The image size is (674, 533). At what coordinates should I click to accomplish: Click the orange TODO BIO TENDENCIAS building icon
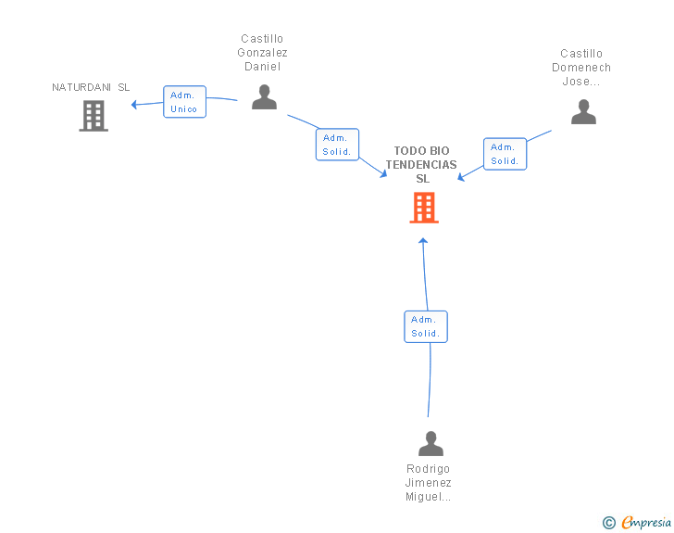424,208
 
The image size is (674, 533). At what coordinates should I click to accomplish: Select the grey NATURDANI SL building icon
94,116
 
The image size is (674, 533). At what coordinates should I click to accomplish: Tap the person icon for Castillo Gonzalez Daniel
264,97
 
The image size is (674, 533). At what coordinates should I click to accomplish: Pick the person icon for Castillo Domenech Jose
583,112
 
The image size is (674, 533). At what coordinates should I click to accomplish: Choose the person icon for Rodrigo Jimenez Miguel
431,443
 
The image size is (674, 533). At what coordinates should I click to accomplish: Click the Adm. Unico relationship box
184,102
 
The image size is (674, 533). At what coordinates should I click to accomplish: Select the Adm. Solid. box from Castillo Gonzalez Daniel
337,145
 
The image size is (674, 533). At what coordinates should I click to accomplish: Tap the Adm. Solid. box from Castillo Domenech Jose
505,154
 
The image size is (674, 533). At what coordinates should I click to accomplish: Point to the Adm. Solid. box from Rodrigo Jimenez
426,327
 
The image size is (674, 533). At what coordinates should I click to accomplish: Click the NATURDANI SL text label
91,87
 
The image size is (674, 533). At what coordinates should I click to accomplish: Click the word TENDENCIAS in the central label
421,164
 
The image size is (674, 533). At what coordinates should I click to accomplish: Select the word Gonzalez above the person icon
262,53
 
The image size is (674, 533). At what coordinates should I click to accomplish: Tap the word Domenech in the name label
581,68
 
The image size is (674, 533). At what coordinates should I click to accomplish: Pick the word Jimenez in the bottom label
428,483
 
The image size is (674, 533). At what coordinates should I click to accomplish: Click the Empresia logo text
646,523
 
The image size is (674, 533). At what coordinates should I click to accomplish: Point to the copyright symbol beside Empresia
608,523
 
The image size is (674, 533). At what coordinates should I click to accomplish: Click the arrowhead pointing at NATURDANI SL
134,104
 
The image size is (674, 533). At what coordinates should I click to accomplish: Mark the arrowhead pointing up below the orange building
423,241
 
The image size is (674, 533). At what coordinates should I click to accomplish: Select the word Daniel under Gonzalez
262,67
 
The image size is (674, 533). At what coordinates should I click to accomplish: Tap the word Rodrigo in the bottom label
428,468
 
